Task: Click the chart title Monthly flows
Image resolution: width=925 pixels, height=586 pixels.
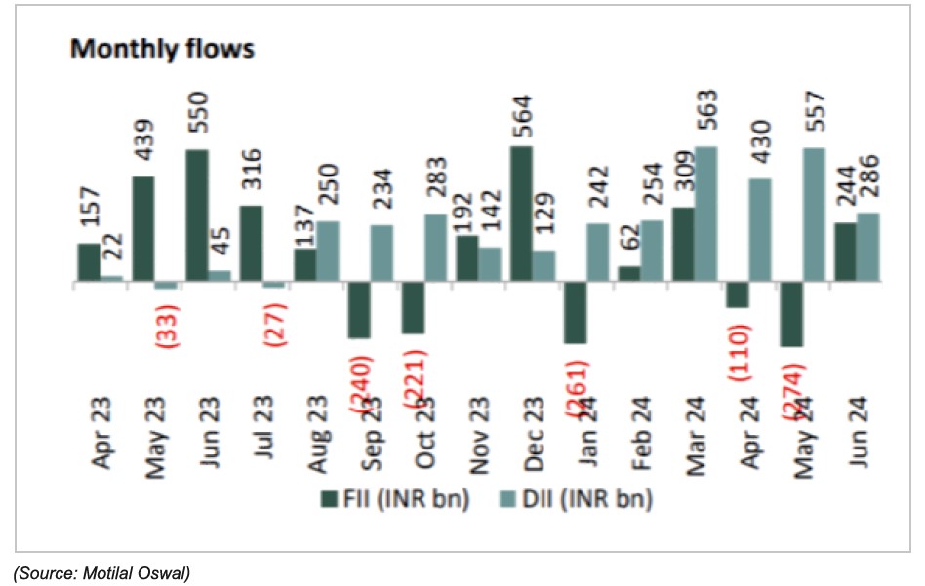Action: (162, 49)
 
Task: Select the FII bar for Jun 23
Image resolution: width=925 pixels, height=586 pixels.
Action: (196, 215)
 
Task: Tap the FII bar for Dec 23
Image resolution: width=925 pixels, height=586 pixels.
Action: (520, 215)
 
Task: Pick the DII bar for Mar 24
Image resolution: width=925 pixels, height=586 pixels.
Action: (704, 215)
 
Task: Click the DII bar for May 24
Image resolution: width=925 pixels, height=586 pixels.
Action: (812, 215)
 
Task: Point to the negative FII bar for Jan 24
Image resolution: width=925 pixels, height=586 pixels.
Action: (574, 313)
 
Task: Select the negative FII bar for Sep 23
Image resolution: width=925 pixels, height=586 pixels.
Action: (358, 310)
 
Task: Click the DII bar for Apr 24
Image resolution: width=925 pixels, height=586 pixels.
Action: (758, 230)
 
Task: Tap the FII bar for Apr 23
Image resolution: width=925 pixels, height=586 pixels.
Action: (89, 262)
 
